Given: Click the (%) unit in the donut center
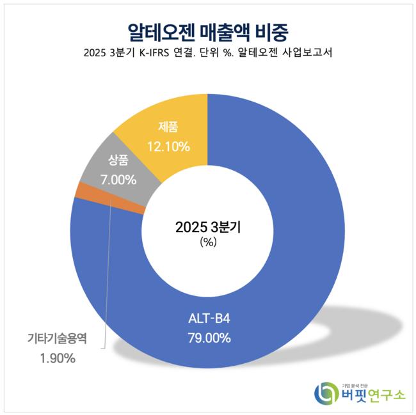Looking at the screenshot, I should coord(209,242).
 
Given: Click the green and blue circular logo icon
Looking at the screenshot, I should coord(326,392).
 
